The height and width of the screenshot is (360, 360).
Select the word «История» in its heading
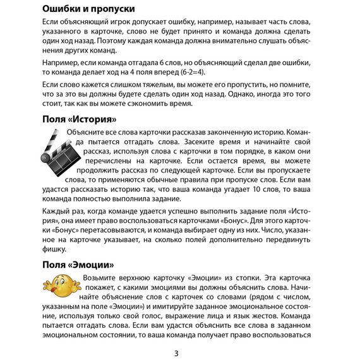pyautogui.click(x=92, y=119)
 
